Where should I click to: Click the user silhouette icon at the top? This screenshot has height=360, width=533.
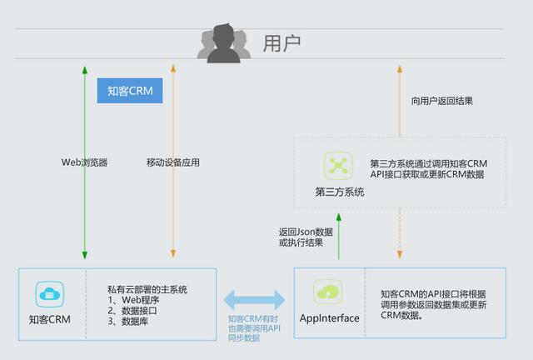point(222,43)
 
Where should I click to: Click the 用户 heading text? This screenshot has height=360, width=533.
point(281,43)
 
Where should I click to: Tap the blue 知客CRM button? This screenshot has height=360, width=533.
point(130,91)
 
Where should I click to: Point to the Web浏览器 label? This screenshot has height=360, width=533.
point(84,162)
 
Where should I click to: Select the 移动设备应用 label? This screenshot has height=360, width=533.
point(173,162)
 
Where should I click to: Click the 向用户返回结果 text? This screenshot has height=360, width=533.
point(442,101)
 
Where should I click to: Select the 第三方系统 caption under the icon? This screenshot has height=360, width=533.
point(340,192)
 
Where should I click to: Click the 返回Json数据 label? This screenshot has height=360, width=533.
point(304,232)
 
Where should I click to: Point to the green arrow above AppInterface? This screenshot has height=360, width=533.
point(339,236)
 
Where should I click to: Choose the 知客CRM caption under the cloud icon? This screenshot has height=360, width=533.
point(50,319)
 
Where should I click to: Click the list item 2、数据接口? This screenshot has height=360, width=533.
point(132,310)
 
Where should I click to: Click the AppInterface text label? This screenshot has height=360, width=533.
point(329,318)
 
